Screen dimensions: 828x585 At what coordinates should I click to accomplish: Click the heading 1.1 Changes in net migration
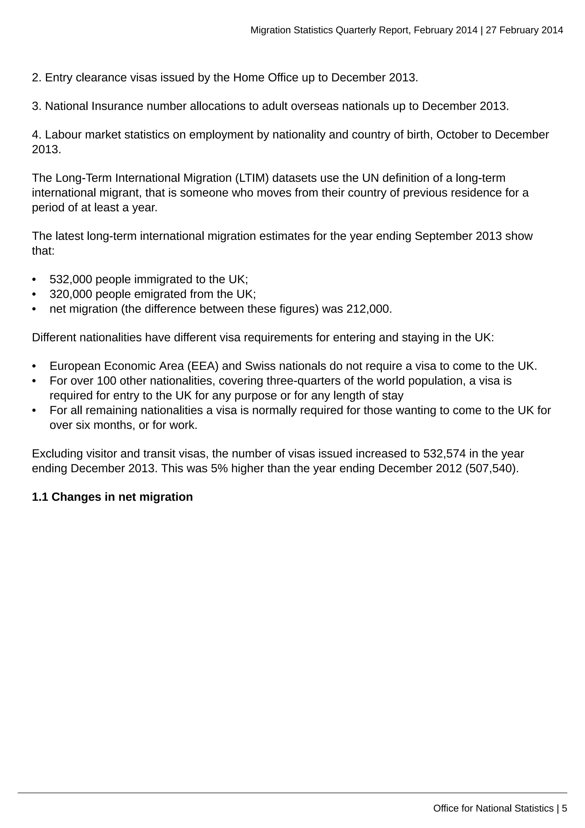112,497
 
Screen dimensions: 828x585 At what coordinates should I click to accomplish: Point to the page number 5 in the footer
564,808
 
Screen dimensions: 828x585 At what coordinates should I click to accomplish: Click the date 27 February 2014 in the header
524,30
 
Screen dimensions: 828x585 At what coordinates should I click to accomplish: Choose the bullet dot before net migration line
34,309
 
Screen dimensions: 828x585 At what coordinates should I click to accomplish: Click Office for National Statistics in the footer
493,808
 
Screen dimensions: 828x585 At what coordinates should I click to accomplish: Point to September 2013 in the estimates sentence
458,236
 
